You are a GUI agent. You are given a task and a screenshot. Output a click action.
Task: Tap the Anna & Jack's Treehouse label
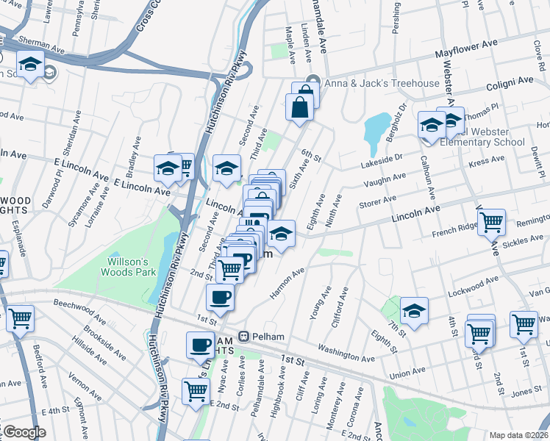[382, 83]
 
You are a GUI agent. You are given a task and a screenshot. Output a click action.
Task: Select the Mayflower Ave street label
[465, 54]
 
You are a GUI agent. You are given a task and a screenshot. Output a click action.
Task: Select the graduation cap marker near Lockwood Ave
[415, 311]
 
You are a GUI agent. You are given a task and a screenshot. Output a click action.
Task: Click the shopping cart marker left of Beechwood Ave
[20, 318]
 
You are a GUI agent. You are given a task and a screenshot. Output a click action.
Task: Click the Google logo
[24, 432]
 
